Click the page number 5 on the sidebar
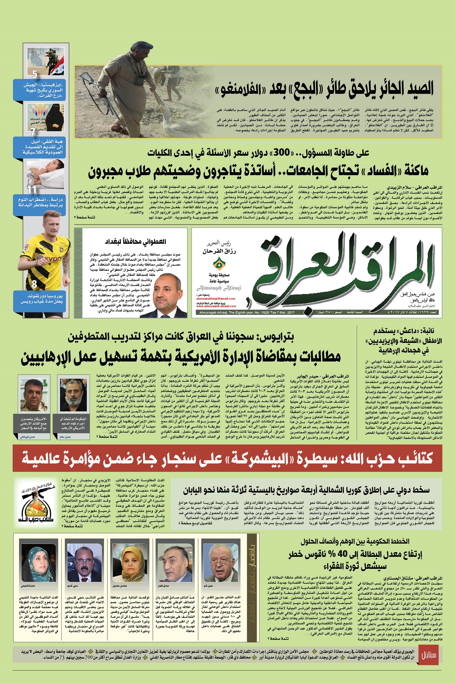click(x=35, y=74)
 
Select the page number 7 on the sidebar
click(x=33, y=131)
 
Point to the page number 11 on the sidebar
click(x=32, y=189)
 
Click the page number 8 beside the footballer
click(x=34, y=284)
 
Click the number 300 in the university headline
click(x=282, y=152)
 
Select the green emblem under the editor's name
click(x=219, y=263)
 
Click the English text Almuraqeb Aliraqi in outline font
click(x=219, y=288)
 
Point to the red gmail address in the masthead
click(x=216, y=299)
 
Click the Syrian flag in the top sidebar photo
click(x=57, y=70)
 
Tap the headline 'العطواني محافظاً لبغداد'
click(x=135, y=242)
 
